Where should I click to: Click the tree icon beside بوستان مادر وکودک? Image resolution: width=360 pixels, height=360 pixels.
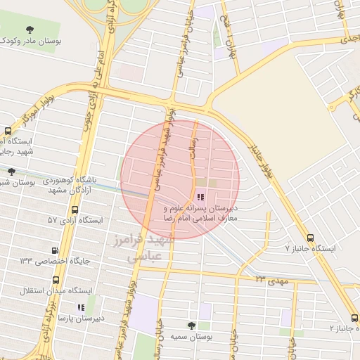pyautogui.click(x=29, y=30)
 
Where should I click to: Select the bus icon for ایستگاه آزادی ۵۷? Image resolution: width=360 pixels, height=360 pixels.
pyautogui.click(x=75, y=210)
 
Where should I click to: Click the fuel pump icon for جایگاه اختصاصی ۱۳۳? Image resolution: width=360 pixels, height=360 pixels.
pyautogui.click(x=56, y=250)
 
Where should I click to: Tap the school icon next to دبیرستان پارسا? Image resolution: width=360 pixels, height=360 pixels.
pyautogui.click(x=80, y=307)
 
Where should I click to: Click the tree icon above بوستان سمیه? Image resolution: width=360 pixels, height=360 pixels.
pyautogui.click(x=191, y=325)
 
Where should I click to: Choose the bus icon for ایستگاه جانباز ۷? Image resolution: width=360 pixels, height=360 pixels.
pyautogui.click(x=311, y=238)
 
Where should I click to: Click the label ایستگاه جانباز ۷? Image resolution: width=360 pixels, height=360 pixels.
pyautogui.click(x=310, y=249)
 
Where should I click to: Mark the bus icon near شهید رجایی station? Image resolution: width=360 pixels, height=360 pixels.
pyautogui.click(x=8, y=131)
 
